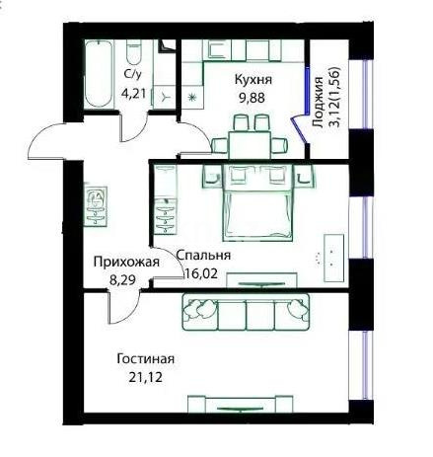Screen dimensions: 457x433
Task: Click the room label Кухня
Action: click(253, 79)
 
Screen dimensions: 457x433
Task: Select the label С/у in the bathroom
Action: click(131, 76)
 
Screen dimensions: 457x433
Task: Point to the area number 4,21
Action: click(133, 94)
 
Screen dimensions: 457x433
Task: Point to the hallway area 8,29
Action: click(123, 280)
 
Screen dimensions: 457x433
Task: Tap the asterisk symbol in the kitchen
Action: click(191, 98)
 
